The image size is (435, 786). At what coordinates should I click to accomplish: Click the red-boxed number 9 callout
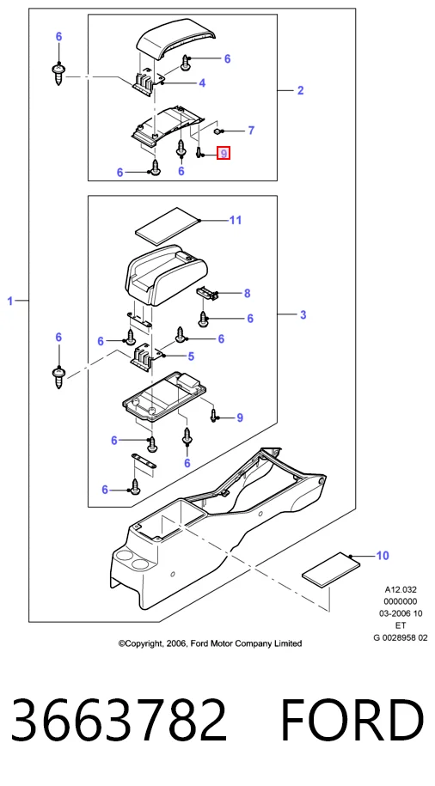[x=224, y=154]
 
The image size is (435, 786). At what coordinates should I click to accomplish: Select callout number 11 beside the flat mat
[x=236, y=220]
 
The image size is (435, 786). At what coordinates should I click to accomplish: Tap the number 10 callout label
[x=383, y=556]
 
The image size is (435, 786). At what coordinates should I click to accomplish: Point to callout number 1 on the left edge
[x=9, y=301]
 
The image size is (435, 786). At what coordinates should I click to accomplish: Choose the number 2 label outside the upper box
[x=300, y=90]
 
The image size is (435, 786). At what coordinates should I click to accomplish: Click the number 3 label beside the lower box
[x=303, y=314]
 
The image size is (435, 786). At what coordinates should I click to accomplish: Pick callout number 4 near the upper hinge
[x=202, y=83]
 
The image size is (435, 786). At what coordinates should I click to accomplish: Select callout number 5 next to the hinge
[x=191, y=356]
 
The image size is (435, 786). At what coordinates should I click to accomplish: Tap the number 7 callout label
[x=251, y=131]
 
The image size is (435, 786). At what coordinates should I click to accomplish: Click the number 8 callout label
[x=247, y=293]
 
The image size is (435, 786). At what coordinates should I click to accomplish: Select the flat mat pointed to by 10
[x=331, y=569]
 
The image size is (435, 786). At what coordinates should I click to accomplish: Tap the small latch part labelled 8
[x=206, y=292]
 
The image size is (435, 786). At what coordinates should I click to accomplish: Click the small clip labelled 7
[x=217, y=131]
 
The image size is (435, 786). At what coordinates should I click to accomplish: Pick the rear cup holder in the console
[x=123, y=556]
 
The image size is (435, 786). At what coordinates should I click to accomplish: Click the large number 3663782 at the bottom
[x=119, y=719]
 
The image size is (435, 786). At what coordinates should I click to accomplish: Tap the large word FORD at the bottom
[x=352, y=719]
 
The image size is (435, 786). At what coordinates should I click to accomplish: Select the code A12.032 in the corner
[x=401, y=589]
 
